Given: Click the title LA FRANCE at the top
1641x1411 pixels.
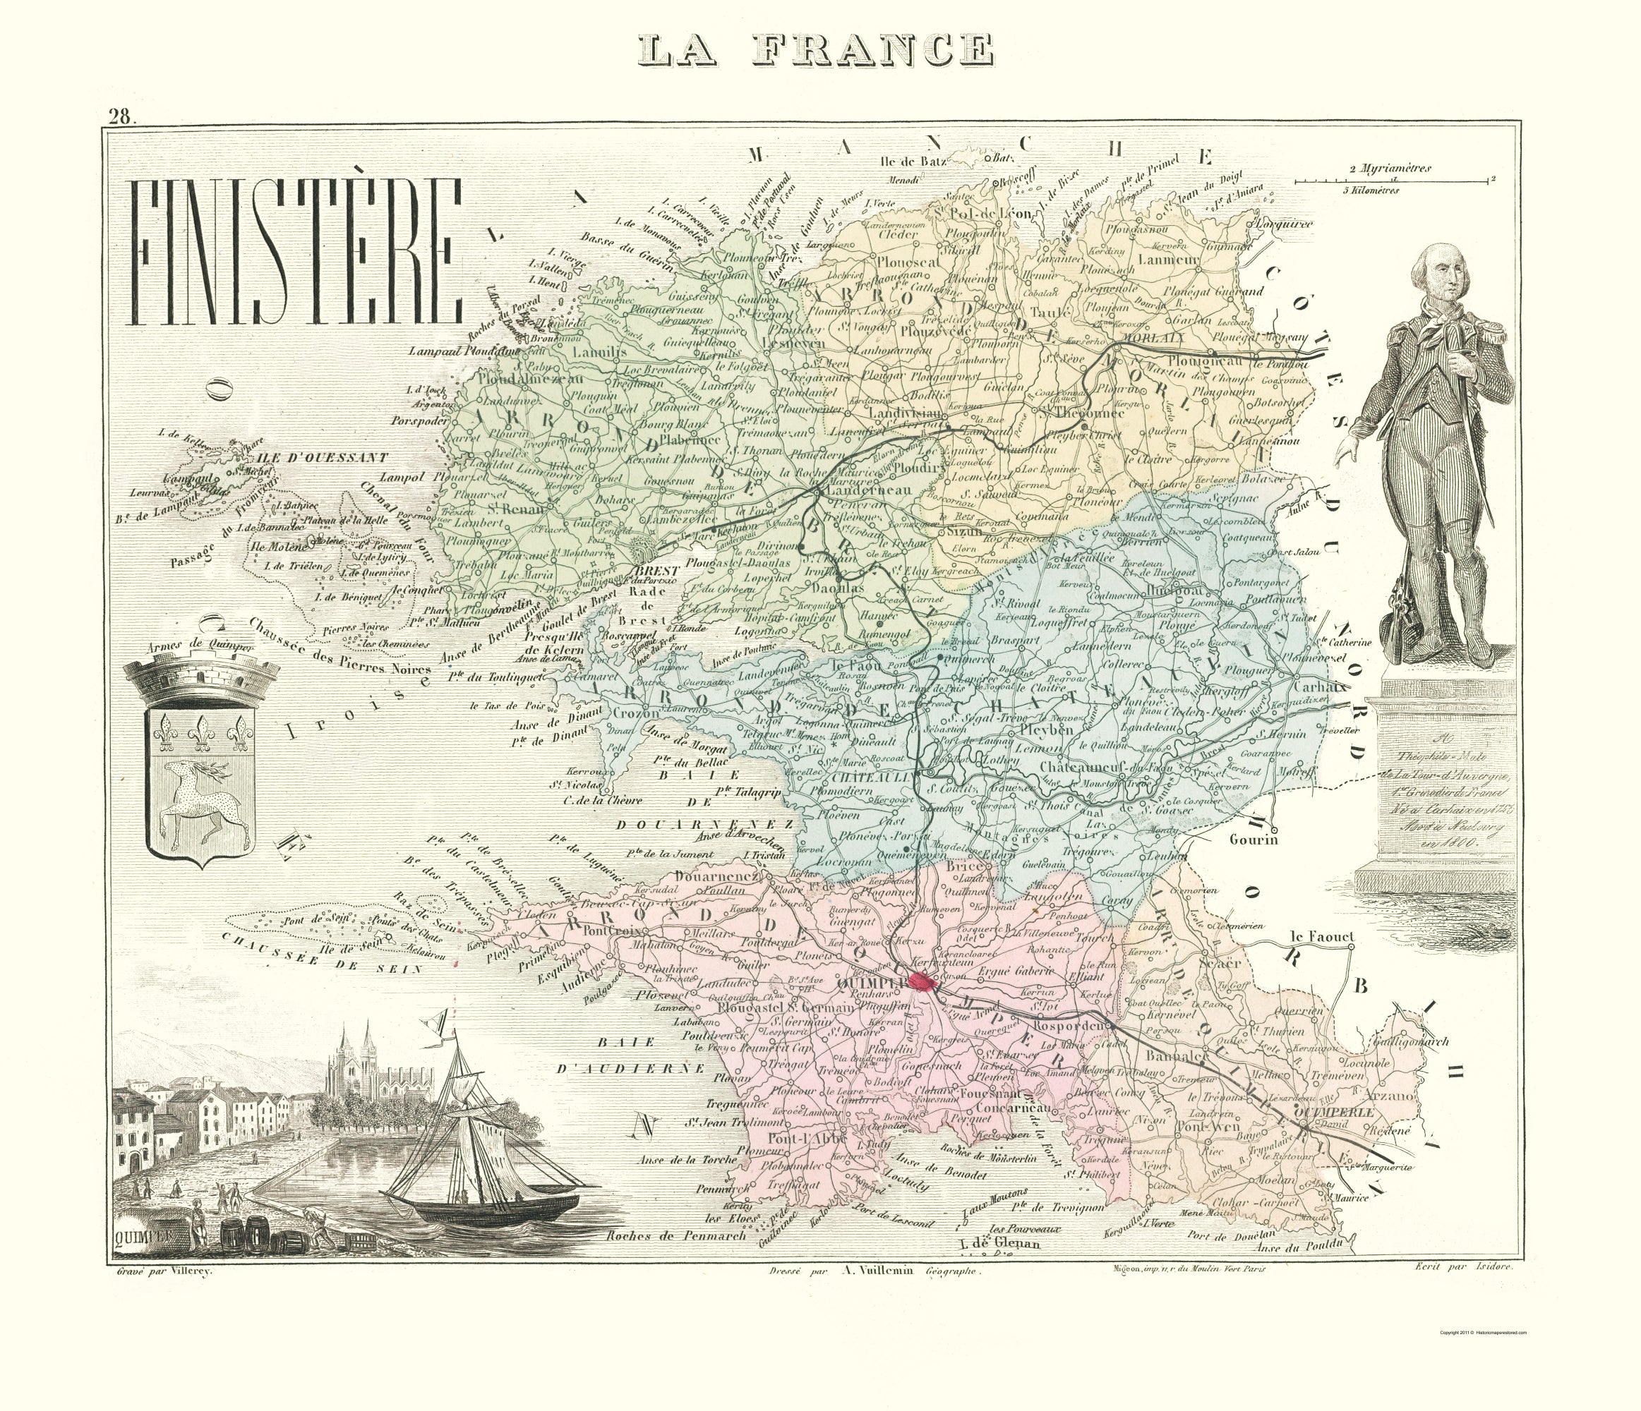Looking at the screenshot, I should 817,50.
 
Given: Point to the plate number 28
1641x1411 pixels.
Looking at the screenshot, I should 121,118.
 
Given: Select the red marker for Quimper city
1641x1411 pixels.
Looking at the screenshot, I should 920,982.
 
